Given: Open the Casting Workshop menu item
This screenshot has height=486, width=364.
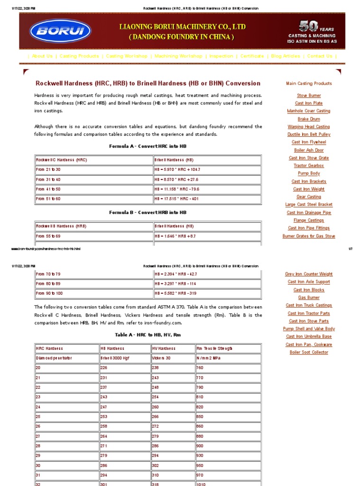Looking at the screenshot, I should click(127, 56).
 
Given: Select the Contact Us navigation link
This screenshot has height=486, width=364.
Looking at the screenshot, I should click(319, 56).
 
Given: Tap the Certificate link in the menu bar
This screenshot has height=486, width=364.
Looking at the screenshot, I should click(252, 56).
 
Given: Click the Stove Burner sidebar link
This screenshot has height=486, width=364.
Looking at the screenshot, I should click(309, 95).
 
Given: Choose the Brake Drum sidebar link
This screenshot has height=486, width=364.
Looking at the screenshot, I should click(309, 119).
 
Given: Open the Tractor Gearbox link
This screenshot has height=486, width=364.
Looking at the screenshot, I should click(309, 166).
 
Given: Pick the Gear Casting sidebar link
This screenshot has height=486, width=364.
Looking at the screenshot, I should click(309, 197).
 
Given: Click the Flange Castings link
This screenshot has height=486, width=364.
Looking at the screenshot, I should click(309, 220).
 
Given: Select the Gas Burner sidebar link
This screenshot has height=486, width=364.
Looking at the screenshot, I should click(309, 298).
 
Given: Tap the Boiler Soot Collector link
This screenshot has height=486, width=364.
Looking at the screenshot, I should click(309, 352).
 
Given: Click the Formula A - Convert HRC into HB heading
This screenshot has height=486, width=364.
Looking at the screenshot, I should click(147, 146).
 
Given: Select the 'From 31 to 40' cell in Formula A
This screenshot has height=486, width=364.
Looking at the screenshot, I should click(48, 180).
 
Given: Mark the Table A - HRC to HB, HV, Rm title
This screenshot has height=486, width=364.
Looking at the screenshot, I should click(147, 335).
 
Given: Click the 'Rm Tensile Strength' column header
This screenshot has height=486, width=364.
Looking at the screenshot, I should click(214, 348).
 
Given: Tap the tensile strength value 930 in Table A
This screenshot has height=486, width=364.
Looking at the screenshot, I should click(200, 456).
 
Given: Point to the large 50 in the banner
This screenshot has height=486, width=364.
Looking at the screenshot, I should click(309, 26).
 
